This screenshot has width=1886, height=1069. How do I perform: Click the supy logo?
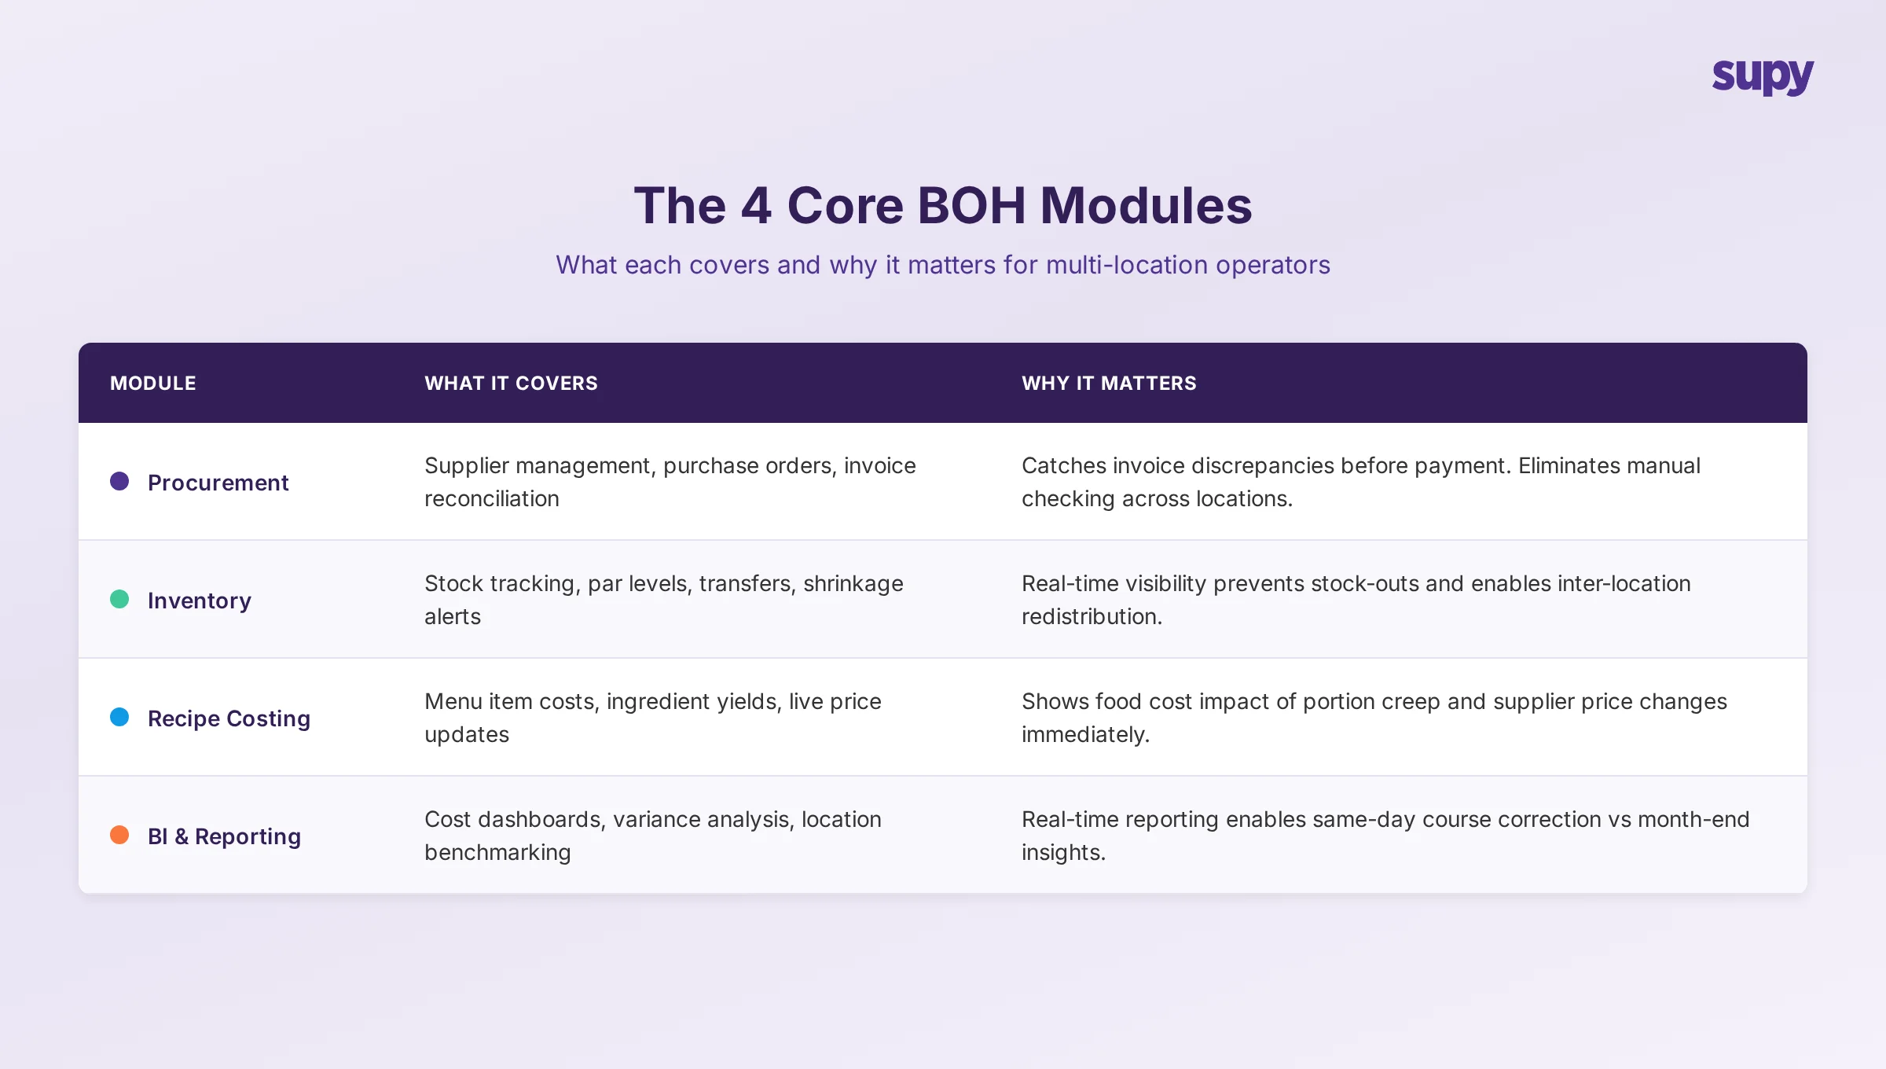click(x=1763, y=76)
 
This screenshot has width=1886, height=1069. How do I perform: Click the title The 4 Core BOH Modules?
click(x=942, y=206)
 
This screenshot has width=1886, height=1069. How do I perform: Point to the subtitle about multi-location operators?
click(x=942, y=265)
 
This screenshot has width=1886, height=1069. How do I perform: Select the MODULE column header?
click(x=153, y=383)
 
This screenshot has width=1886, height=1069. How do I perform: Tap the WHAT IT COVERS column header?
click(x=511, y=383)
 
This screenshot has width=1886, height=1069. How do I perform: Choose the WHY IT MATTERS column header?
click(x=1109, y=383)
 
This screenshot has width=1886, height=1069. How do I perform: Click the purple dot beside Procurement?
click(x=119, y=481)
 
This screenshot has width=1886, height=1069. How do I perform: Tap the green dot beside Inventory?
click(x=119, y=599)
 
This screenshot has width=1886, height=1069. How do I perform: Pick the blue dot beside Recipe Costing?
click(x=119, y=717)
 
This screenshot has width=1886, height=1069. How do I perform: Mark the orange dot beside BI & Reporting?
click(x=119, y=835)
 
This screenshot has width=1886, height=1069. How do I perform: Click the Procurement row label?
click(x=218, y=482)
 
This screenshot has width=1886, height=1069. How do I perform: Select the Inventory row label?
click(x=200, y=600)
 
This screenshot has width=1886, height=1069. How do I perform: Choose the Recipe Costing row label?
click(x=229, y=718)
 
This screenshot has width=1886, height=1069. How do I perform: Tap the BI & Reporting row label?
click(x=224, y=836)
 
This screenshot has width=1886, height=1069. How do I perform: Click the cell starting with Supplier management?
click(x=670, y=482)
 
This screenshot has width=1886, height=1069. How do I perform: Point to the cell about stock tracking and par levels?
click(x=663, y=600)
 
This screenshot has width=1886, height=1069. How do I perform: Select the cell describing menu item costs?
click(x=652, y=718)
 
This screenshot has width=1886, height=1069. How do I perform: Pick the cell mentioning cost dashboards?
click(x=652, y=836)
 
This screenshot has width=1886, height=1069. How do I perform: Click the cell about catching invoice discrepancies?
click(x=1360, y=482)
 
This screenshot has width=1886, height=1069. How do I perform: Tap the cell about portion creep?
click(x=1374, y=718)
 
